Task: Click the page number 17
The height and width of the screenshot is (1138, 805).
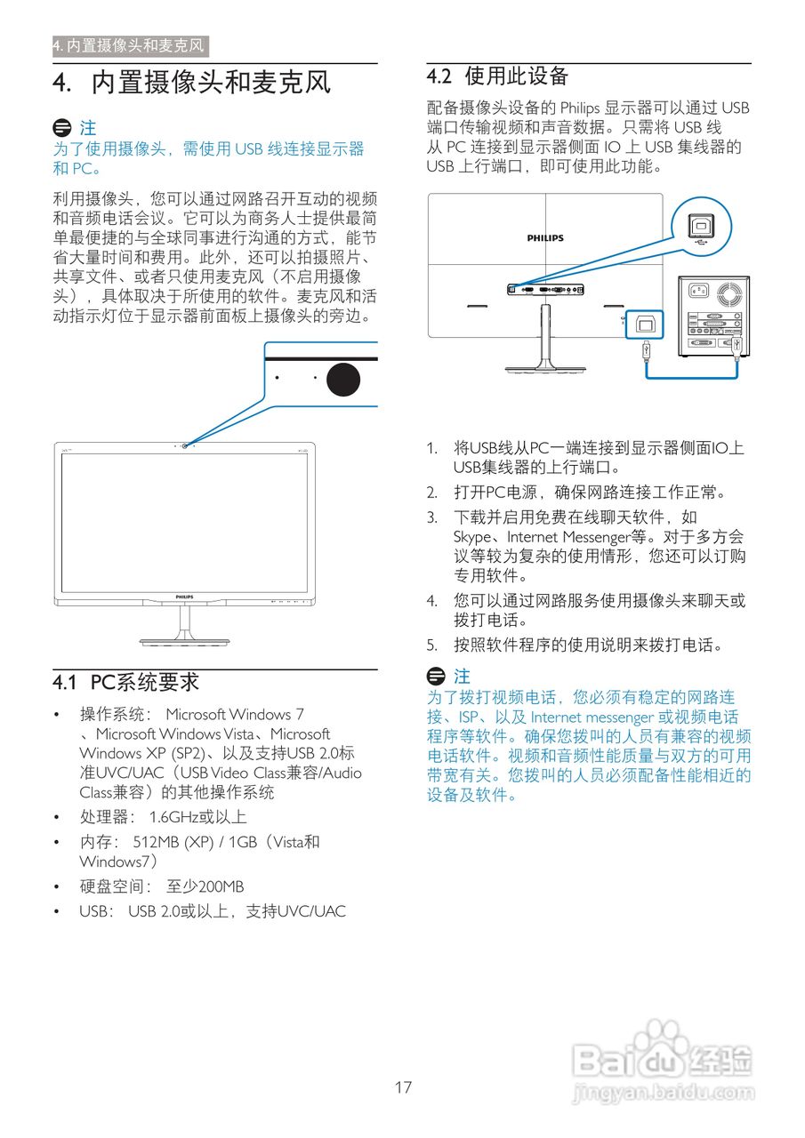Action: (403, 1086)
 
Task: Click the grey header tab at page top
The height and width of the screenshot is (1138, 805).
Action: (131, 45)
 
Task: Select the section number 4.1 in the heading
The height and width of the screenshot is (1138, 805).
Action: (65, 682)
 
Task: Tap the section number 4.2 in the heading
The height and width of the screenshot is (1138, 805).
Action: (439, 76)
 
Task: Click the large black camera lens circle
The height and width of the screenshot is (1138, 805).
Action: (343, 379)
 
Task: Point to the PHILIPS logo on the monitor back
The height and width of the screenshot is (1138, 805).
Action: (545, 237)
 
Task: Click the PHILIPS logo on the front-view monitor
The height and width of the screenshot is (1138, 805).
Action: (184, 597)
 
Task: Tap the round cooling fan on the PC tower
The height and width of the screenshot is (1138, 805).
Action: (729, 294)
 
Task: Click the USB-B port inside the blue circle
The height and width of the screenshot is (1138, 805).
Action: (701, 226)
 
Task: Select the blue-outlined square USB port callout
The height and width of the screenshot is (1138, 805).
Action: (644, 325)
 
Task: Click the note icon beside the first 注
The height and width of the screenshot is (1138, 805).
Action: (62, 127)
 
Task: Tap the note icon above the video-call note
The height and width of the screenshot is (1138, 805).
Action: (436, 677)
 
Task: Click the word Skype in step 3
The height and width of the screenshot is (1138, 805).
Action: (472, 538)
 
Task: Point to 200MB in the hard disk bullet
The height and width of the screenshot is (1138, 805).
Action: (221, 886)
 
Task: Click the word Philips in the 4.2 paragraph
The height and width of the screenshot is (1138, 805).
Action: (580, 108)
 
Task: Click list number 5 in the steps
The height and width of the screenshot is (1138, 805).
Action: (431, 645)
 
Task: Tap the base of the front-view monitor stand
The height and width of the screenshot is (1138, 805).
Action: (184, 642)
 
